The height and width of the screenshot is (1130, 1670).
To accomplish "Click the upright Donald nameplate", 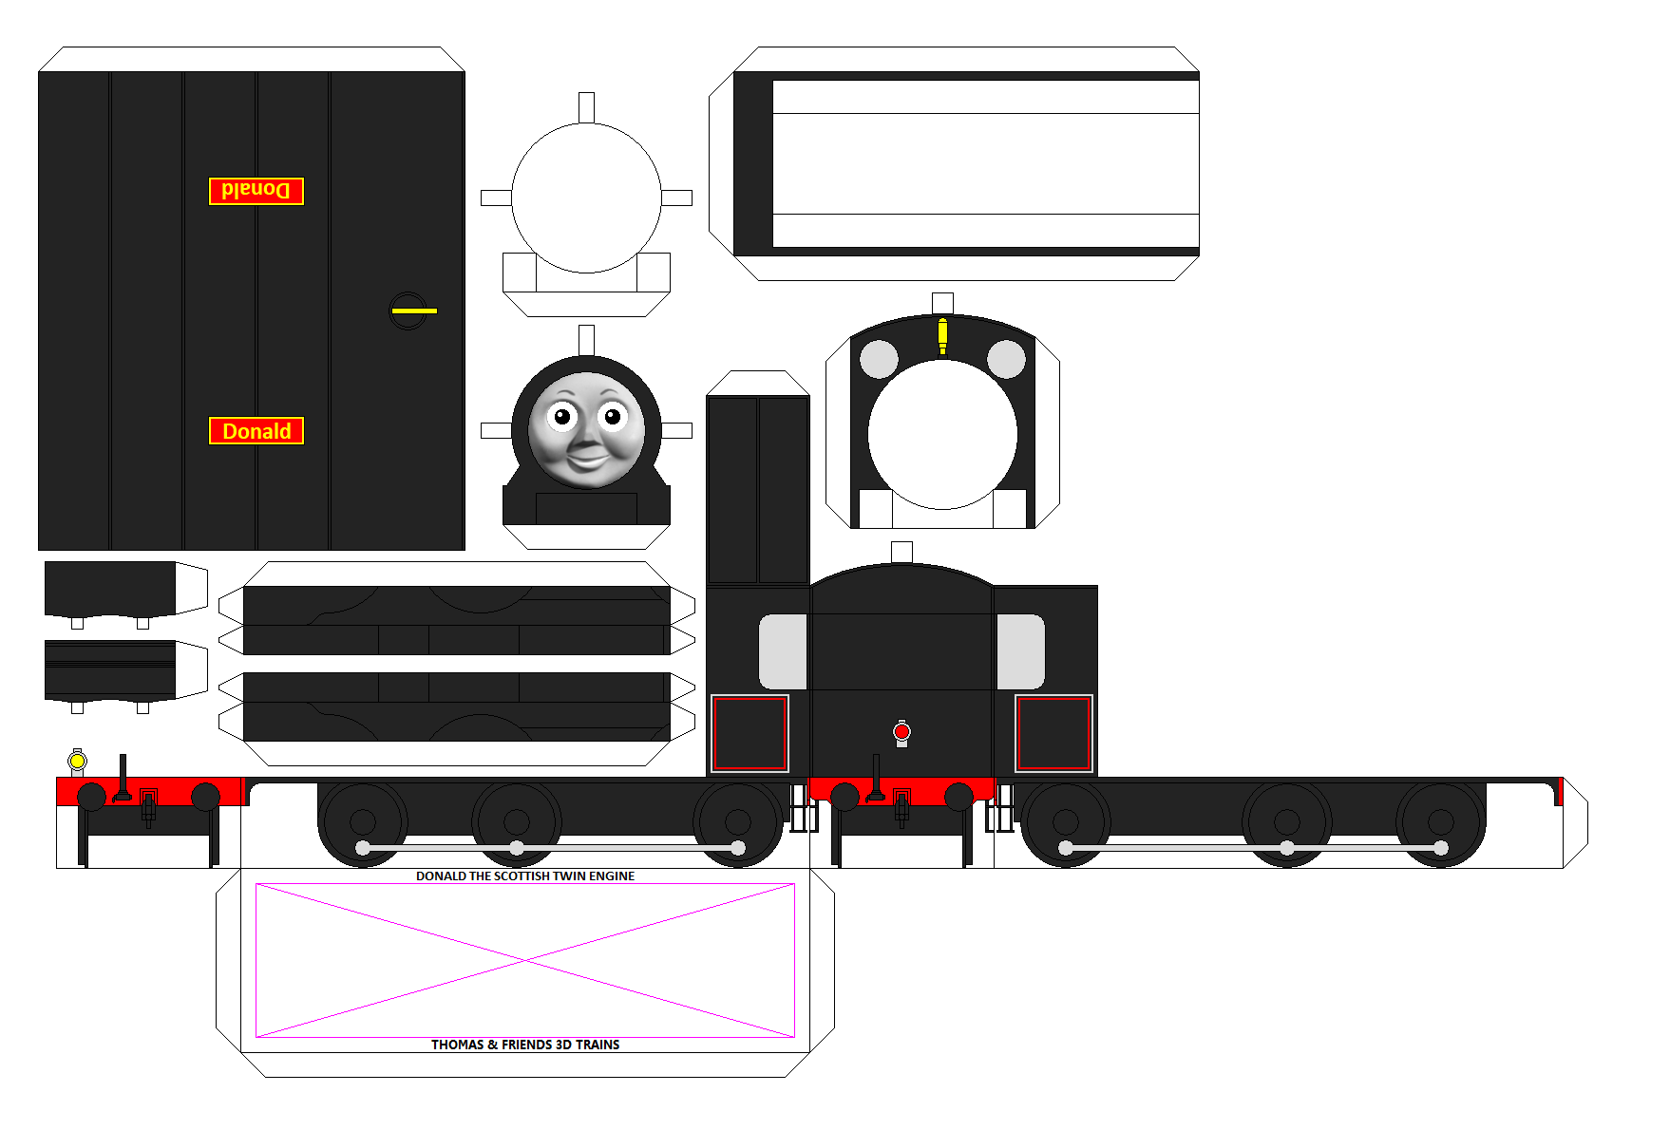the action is pyautogui.click(x=256, y=431).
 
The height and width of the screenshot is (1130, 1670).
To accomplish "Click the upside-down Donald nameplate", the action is pyautogui.click(x=256, y=191).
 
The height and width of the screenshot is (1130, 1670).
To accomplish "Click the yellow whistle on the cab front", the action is pyautogui.click(x=942, y=336).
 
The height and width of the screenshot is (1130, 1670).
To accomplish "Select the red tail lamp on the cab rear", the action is pyautogui.click(x=901, y=732).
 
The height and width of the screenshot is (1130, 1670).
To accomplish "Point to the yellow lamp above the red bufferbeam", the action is pyautogui.click(x=78, y=761).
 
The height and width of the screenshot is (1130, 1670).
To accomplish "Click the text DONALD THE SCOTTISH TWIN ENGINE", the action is pyautogui.click(x=525, y=876).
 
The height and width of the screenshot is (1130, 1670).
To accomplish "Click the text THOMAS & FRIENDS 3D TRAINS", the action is pyautogui.click(x=525, y=1045).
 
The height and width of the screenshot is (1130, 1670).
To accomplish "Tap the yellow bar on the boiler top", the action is pyautogui.click(x=414, y=311).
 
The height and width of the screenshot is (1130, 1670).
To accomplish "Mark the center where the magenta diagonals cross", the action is pyautogui.click(x=525, y=961).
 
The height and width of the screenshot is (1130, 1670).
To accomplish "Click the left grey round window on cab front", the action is pyautogui.click(x=879, y=359).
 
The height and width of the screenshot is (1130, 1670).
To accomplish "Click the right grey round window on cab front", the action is pyautogui.click(x=1006, y=359).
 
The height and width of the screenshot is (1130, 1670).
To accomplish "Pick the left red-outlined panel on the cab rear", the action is pyautogui.click(x=750, y=733).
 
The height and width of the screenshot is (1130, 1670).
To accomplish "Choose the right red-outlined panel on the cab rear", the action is pyautogui.click(x=1053, y=733).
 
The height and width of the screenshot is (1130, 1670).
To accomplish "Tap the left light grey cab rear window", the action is pyautogui.click(x=783, y=651).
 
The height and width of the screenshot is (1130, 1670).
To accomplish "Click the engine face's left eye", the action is pyautogui.click(x=562, y=416).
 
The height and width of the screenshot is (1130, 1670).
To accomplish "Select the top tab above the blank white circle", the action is pyautogui.click(x=586, y=107).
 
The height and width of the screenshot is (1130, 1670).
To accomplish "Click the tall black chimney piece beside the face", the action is pyautogui.click(x=758, y=490).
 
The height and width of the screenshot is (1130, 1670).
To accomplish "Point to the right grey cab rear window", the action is pyautogui.click(x=1020, y=651).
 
